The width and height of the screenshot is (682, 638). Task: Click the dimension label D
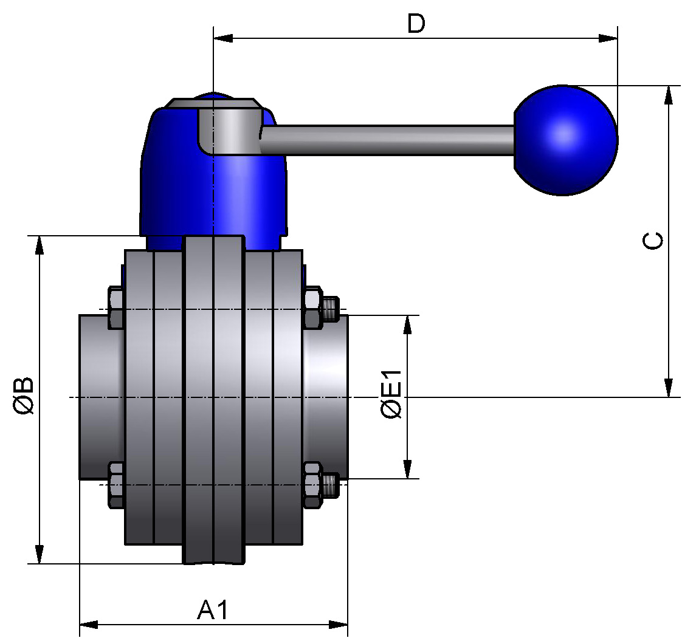416,24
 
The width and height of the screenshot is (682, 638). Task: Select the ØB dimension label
25,396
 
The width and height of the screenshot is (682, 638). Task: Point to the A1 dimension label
213,609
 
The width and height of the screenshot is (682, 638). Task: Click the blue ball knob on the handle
565,140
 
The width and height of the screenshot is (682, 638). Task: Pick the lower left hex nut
115,484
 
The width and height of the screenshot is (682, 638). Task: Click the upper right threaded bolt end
331,309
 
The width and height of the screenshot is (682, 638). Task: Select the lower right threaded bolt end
331,485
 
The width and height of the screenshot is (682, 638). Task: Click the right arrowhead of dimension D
607,38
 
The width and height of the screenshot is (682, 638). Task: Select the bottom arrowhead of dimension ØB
40,554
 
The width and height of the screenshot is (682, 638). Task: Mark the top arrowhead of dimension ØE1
408,325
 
